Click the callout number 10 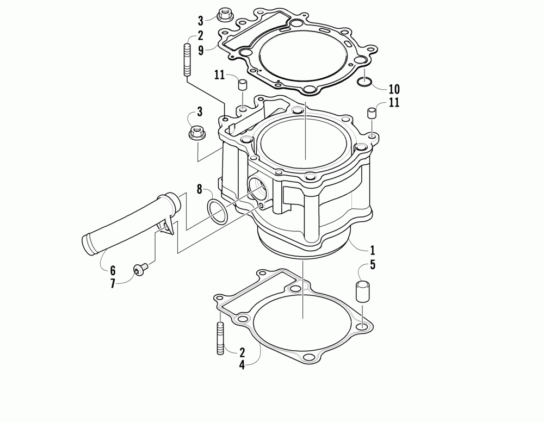coord(394,90)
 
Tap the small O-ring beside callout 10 coord(364,82)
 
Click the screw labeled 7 coord(141,269)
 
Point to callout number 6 coord(113,270)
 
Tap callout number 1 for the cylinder coord(372,250)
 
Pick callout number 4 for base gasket coord(242,365)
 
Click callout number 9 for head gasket coord(201,51)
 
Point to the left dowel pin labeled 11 coord(242,85)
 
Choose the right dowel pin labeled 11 coord(372,114)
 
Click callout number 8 coord(199,189)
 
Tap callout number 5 coord(372,265)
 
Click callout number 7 coord(113,283)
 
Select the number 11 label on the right coord(394,103)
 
